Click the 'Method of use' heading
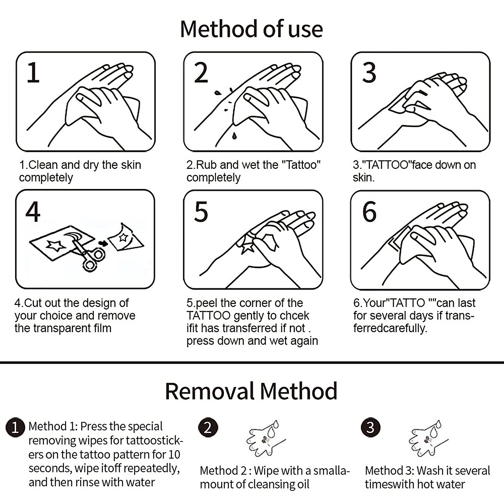[251, 29]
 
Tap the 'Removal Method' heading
[251, 391]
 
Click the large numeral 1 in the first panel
[33, 72]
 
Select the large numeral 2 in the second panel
[201, 72]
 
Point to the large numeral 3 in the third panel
[369, 72]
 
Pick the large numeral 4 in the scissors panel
[33, 212]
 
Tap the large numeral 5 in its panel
[201, 212]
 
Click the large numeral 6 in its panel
[369, 212]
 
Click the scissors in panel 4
[88, 254]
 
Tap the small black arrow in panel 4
[103, 244]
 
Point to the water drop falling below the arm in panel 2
[234, 136]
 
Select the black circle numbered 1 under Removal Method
[15, 428]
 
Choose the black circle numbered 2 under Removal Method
[208, 428]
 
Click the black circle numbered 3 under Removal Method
[370, 428]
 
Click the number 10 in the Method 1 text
[174, 455]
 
